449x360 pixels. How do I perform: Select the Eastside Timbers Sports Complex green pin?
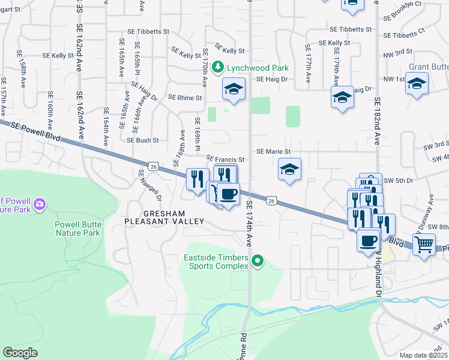258,260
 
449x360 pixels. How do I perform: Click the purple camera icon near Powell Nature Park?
40,205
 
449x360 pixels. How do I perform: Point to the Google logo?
20,352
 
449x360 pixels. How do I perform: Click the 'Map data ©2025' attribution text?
423,355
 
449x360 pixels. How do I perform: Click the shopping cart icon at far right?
424,244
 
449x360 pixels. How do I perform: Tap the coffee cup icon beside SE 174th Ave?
228,194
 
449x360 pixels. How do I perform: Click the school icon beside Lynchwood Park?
234,89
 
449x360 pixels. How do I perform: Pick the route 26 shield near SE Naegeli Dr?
154,166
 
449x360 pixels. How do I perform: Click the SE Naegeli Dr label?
149,185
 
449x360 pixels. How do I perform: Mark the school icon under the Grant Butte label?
416,83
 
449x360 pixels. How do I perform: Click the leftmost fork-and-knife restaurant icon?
197,178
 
